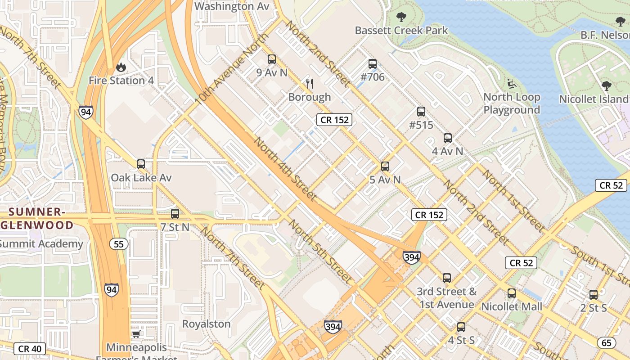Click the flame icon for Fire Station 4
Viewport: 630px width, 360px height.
pyautogui.click(x=121, y=67)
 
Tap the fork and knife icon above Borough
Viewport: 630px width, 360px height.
pyautogui.click(x=309, y=84)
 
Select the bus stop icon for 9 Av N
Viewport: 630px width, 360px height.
pyautogui.click(x=271, y=59)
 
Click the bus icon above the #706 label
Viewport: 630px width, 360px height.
pyautogui.click(x=373, y=64)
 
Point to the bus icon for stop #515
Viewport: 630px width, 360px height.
pyautogui.click(x=421, y=112)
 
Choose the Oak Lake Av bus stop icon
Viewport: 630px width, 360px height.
pyautogui.click(x=141, y=164)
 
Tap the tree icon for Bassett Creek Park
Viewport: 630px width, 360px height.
pyautogui.click(x=401, y=18)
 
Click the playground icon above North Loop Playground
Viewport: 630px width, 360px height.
pyautogui.click(x=512, y=84)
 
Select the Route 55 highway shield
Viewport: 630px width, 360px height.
pyautogui.click(x=119, y=244)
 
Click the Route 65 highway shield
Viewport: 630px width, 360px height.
pyautogui.click(x=607, y=343)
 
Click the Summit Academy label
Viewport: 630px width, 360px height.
pyautogui.click(x=41, y=244)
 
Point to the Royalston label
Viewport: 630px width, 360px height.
pyautogui.click(x=206, y=324)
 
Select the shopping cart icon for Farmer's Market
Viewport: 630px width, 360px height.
pyautogui.click(x=136, y=334)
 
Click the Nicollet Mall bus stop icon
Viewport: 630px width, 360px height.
pyautogui.click(x=512, y=293)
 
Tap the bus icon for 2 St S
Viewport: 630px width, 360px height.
pyautogui.click(x=594, y=295)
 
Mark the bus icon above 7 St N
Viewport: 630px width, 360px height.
pyautogui.click(x=175, y=214)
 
